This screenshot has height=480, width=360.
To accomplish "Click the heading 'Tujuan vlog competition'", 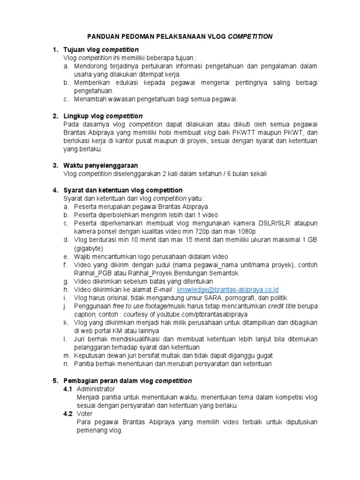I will [x=101, y=50].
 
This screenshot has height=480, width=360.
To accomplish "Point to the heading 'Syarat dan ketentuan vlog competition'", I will [x=123, y=190].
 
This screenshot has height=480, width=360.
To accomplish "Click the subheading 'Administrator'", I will [x=95, y=389].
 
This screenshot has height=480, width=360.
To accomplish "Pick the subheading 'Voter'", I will [x=84, y=413].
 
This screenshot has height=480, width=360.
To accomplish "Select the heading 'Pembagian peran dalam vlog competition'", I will [x=127, y=380].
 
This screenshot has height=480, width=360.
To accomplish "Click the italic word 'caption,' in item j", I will [x=84, y=314].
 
